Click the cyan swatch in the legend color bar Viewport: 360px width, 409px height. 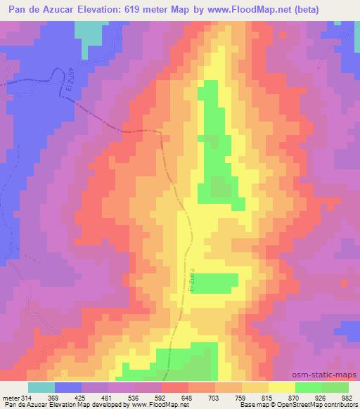tap(41, 387)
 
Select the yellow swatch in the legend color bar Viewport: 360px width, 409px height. tap(281, 387)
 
